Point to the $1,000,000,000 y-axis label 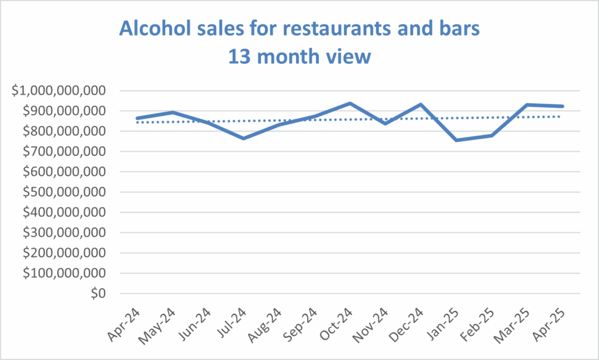tap(60, 91)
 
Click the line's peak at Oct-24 tap(350, 104)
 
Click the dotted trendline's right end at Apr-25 tap(562, 116)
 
